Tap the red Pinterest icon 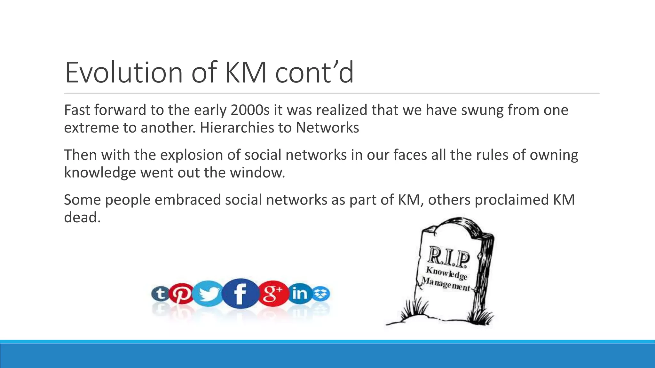pos(181,293)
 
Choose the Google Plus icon pos(272,293)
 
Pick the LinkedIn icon pos(300,293)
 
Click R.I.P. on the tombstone pos(449,257)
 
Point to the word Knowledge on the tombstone pos(446,273)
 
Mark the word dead pos(82,218)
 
